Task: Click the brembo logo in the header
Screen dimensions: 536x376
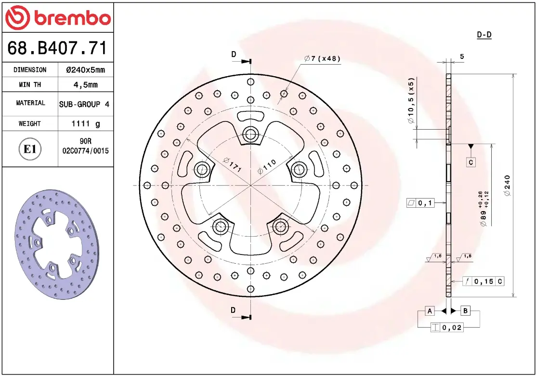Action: click(58, 17)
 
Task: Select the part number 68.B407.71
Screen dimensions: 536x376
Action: click(57, 48)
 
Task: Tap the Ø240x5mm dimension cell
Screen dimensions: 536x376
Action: click(85, 70)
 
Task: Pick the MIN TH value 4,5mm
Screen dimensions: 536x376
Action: click(85, 84)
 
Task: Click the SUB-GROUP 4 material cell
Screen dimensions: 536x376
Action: click(84, 104)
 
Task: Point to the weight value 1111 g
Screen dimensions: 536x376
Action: click(85, 123)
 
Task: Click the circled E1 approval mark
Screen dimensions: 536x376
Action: click(30, 149)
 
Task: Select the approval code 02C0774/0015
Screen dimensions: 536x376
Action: click(85, 150)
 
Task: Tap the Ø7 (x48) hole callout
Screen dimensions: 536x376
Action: click(322, 58)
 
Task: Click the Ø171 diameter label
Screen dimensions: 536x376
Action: click(233, 164)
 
